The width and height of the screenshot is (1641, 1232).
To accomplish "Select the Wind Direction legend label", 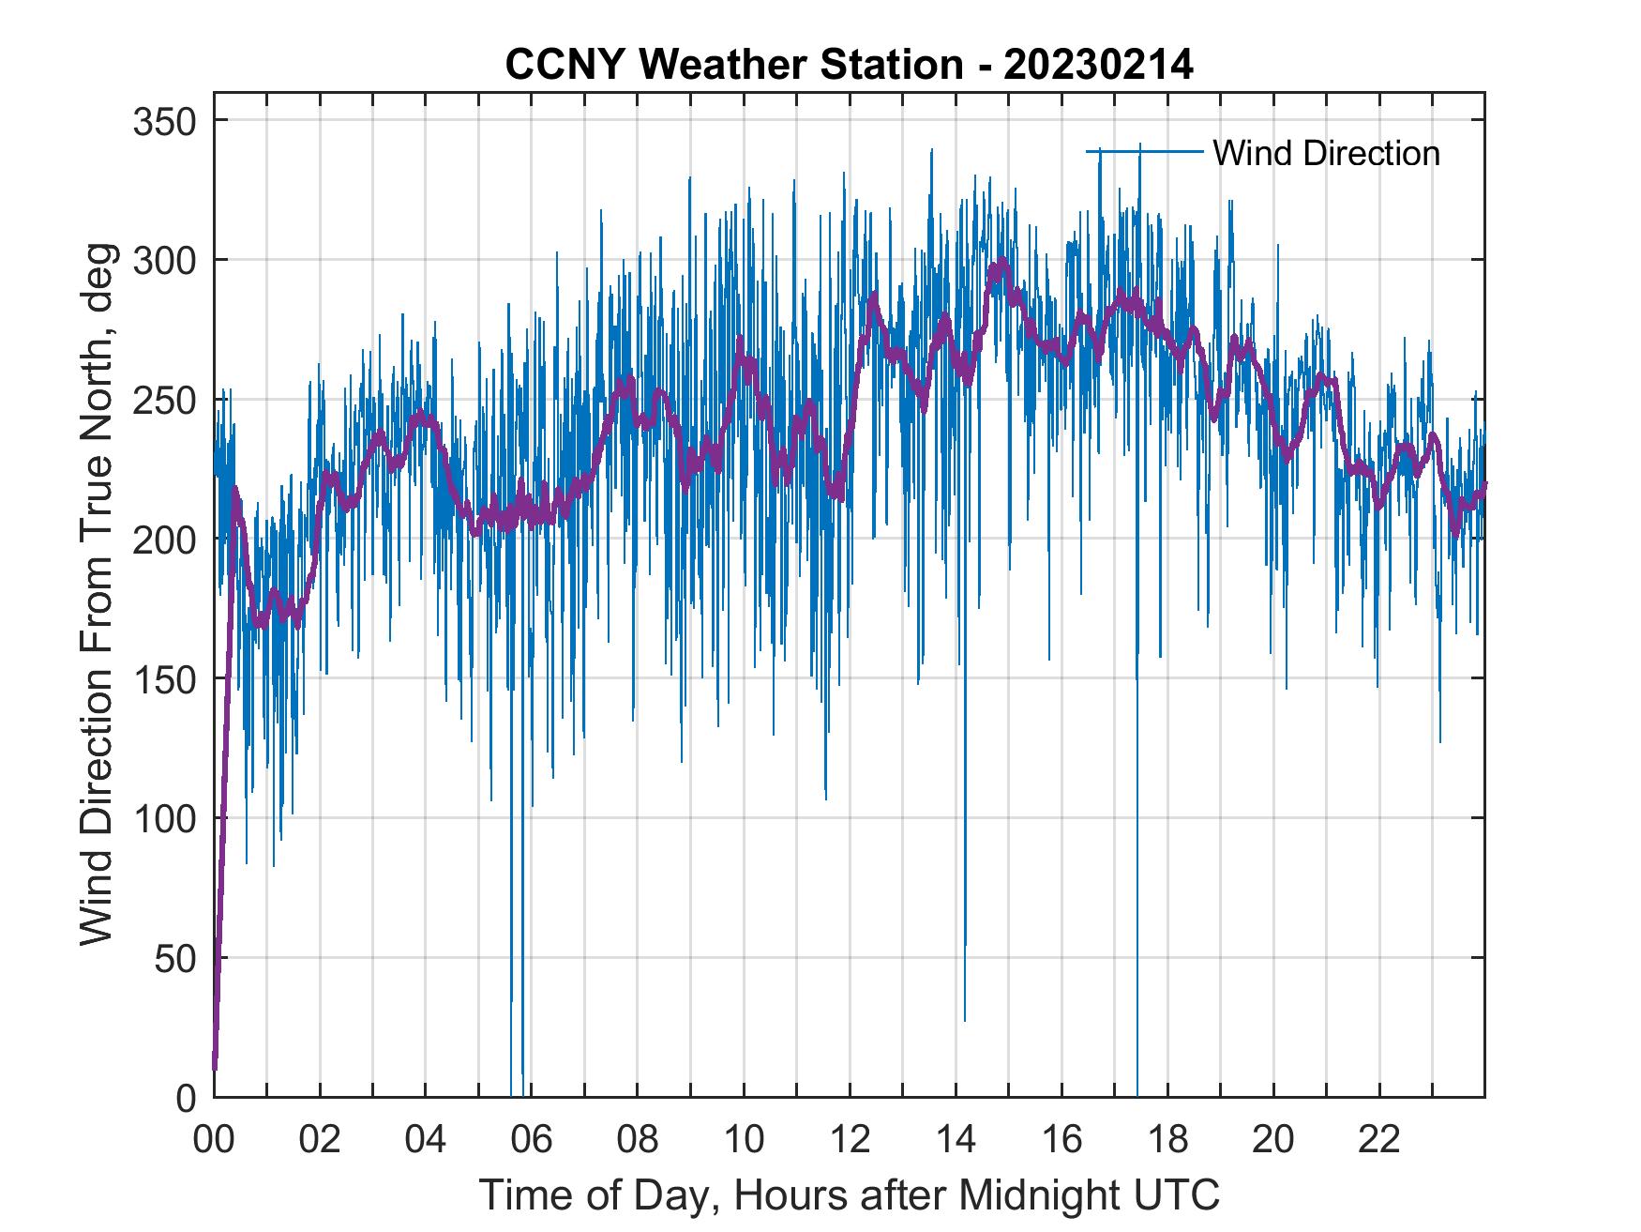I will point(1326,153).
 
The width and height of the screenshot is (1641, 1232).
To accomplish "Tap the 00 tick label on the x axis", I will point(214,1139).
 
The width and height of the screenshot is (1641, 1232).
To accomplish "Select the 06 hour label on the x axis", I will point(532,1139).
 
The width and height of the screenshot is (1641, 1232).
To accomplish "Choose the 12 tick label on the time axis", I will point(850,1139).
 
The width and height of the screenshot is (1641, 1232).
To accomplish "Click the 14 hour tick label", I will point(956,1139).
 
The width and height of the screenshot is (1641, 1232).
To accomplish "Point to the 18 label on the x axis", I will point(1167,1139).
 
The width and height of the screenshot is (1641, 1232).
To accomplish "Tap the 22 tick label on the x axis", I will point(1379,1139).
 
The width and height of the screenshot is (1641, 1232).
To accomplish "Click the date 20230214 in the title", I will point(1098,66).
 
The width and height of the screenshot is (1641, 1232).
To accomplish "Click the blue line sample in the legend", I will point(1144,151).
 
